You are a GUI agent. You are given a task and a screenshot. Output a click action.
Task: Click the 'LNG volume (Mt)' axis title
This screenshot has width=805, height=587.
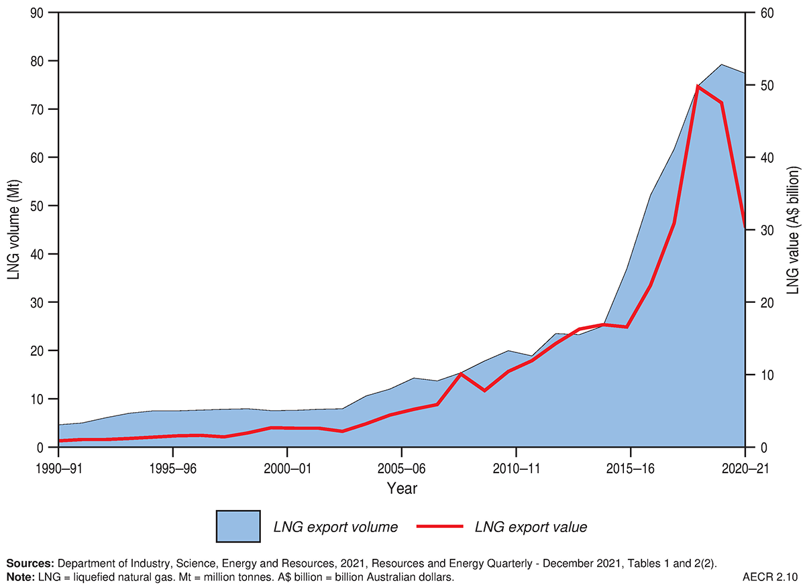[x=15, y=230]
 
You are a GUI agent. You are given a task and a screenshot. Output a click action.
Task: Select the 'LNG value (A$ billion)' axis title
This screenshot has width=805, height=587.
[x=792, y=230]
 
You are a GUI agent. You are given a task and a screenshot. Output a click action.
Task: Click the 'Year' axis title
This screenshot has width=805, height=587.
[x=401, y=488]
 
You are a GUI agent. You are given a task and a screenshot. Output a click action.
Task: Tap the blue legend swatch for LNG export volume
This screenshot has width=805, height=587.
[x=237, y=526]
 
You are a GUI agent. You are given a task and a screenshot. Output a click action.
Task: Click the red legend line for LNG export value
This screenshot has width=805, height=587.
[x=440, y=527]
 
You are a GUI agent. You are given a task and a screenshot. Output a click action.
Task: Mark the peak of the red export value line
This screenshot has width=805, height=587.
[x=698, y=86]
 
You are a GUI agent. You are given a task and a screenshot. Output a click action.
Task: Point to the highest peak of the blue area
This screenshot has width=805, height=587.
[x=722, y=65]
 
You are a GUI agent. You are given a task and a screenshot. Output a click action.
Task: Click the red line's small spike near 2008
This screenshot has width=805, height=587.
[x=461, y=374]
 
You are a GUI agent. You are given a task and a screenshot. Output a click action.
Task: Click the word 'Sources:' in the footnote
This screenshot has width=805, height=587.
[x=30, y=564]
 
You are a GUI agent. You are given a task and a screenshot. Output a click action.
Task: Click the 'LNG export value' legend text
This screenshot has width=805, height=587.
[x=531, y=527]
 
